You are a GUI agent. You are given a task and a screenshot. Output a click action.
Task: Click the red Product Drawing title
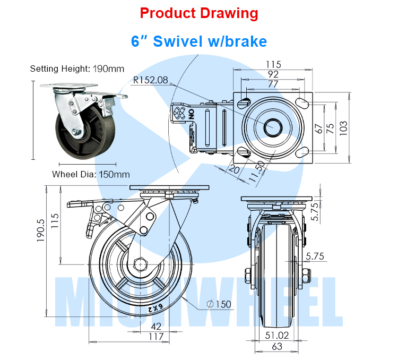(199, 13)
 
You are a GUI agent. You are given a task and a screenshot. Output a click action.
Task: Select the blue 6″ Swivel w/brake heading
(199, 41)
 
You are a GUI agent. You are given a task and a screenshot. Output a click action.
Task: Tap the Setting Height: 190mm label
(77, 68)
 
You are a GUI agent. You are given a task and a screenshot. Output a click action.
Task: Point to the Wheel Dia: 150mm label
(91, 174)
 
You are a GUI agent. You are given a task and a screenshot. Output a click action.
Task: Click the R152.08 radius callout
(150, 81)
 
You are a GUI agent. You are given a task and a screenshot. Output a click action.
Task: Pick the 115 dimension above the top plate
(274, 64)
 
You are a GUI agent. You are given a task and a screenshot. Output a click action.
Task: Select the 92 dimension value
(274, 74)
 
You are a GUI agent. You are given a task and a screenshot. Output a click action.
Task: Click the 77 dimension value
(274, 84)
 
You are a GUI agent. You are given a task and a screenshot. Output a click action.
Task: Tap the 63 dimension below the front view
(278, 347)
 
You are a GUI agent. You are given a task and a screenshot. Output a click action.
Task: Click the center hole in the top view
(273, 126)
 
